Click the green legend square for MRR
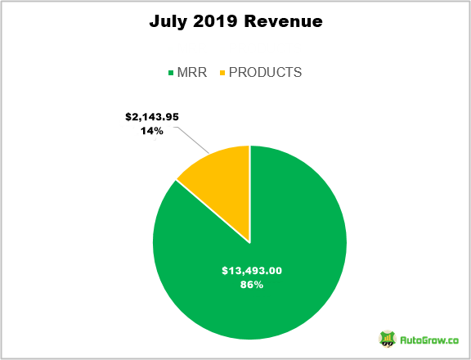tap(171, 73)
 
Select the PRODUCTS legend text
tap(265, 73)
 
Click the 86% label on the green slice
tap(251, 285)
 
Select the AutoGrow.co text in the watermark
tap(429, 339)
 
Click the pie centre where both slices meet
tap(250, 242)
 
